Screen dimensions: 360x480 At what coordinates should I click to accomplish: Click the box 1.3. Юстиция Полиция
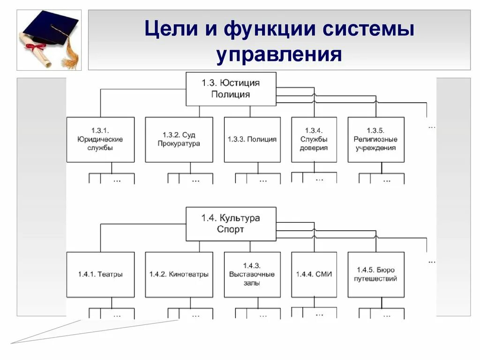point(231,89)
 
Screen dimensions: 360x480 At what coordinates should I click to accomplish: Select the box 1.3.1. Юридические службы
point(100,139)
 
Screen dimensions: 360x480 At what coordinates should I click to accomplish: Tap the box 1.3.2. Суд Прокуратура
point(179,139)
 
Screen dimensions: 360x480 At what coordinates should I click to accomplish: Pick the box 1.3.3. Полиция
point(252,139)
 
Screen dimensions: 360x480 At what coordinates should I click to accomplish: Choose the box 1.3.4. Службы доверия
point(314,139)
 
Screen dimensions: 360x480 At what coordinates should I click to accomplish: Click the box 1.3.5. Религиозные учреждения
point(375,139)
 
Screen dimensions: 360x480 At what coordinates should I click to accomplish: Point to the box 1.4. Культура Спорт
point(231,224)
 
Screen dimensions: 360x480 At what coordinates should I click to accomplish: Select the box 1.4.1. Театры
point(100,274)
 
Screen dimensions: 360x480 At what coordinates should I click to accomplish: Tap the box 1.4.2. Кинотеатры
point(179,274)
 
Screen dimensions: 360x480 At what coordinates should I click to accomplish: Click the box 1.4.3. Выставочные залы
point(252,274)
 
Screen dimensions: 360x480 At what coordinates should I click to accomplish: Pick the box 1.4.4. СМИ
point(314,274)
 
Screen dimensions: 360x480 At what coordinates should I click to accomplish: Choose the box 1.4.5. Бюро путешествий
point(375,274)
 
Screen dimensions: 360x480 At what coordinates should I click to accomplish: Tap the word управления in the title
point(279,54)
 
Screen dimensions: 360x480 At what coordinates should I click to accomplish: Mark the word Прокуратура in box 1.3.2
point(179,143)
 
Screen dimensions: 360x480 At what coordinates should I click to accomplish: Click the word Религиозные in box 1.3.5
point(375,139)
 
